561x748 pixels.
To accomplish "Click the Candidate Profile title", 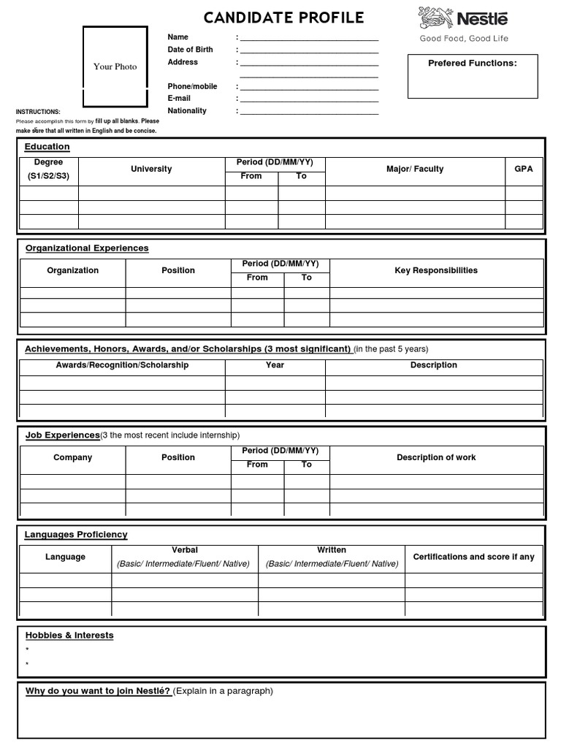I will pyautogui.click(x=283, y=18).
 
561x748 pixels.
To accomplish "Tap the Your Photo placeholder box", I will pyautogui.click(x=115, y=66).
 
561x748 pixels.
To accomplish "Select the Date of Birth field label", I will pyautogui.click(x=191, y=50).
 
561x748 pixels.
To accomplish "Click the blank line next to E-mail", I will pyautogui.click(x=309, y=99).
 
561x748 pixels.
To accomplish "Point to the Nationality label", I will pyautogui.click(x=187, y=111).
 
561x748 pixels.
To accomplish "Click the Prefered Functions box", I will pyautogui.click(x=472, y=76).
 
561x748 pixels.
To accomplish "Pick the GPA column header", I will pyautogui.click(x=524, y=169).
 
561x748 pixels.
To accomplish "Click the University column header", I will pyautogui.click(x=151, y=169).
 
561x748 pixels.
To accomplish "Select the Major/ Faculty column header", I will pyautogui.click(x=415, y=169).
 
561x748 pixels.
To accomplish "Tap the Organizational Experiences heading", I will pyautogui.click(x=87, y=248).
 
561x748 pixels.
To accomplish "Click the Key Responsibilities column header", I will pyautogui.click(x=436, y=270).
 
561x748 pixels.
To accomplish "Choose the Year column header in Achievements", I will pyautogui.click(x=275, y=365).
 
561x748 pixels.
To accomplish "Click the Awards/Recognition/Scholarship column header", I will pyautogui.click(x=122, y=365).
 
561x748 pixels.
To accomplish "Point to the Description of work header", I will pyautogui.click(x=436, y=457).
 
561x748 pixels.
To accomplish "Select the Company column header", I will pyautogui.click(x=72, y=457).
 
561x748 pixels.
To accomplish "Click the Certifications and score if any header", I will pyautogui.click(x=473, y=557).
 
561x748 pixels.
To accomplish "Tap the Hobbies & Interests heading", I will pyautogui.click(x=69, y=636).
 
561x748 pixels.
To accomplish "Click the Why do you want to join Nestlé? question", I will pyautogui.click(x=98, y=691).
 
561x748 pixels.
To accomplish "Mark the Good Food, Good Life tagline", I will pyautogui.click(x=463, y=39).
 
